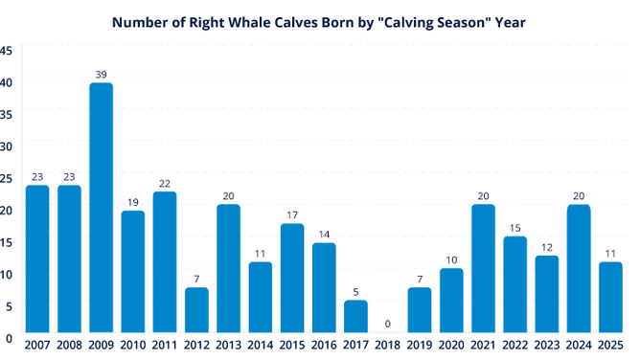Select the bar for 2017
point(355,316)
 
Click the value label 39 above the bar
point(101,74)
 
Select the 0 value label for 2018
point(387,324)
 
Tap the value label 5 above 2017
point(355,292)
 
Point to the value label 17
point(292,214)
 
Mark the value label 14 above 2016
point(324,234)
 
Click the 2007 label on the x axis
point(37,345)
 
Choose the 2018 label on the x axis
point(387,345)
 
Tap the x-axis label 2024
point(579,345)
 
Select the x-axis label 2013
point(228,345)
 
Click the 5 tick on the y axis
point(8,306)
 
